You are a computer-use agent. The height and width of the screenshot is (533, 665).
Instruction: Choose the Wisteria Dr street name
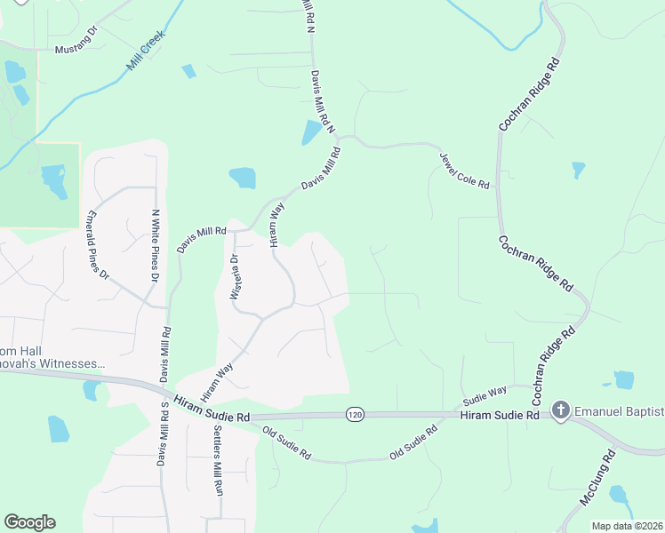pyautogui.click(x=235, y=278)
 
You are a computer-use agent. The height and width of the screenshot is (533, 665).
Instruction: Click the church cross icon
pyautogui.click(x=560, y=410)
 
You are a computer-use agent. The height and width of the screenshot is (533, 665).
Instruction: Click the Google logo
pyautogui.click(x=29, y=522)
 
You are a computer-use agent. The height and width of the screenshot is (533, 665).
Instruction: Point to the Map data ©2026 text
pyautogui.click(x=627, y=526)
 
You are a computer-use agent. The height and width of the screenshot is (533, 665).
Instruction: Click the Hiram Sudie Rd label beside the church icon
pyautogui.click(x=501, y=415)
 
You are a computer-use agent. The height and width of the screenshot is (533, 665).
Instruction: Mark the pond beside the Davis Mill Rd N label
pyautogui.click(x=311, y=132)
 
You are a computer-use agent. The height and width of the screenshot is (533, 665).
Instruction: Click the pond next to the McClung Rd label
pyautogui.click(x=619, y=494)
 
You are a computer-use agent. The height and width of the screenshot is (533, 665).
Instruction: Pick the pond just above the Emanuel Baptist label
pyautogui.click(x=624, y=380)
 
